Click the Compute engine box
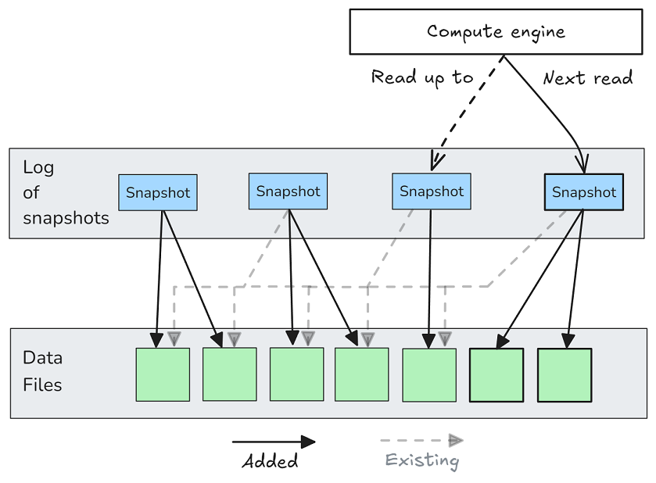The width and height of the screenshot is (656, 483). coord(496,32)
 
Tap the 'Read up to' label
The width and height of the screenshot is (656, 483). coord(422,77)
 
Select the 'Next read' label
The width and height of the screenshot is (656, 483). coord(587,78)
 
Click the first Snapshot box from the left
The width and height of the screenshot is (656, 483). coord(158,193)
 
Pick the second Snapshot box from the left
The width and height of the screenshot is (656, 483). coord(288,191)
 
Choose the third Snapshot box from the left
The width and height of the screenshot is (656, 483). coord(432,191)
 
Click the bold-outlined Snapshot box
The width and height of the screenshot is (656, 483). coord(583,192)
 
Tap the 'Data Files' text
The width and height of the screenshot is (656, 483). coord(43,371)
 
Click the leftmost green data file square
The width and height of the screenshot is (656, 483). coord(163,374)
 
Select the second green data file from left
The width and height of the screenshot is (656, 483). coord(230,374)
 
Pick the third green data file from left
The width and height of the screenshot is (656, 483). coord(296,374)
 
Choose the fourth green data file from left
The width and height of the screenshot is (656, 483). coord(362,374)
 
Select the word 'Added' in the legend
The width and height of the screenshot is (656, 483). coord(271,461)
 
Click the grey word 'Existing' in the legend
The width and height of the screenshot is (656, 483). coord(422,460)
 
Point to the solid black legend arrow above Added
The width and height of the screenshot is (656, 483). coord(274,442)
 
